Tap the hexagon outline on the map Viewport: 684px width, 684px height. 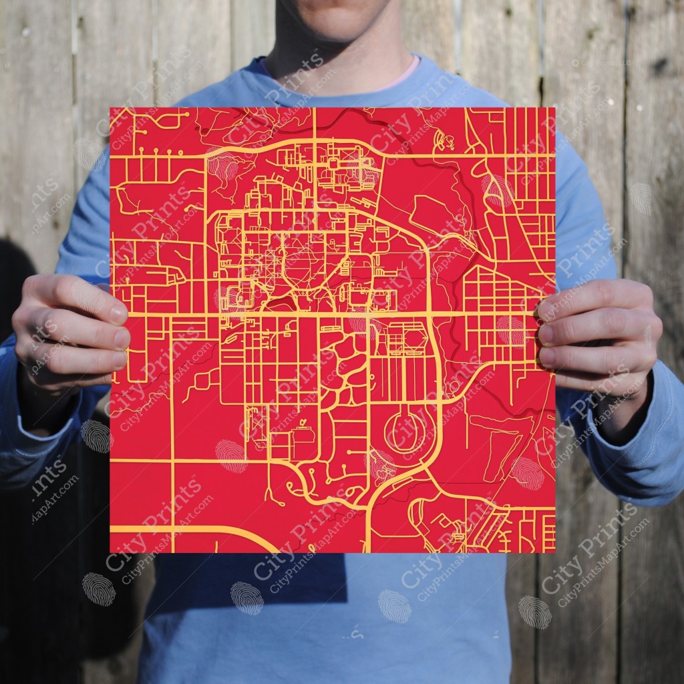[x=414, y=338]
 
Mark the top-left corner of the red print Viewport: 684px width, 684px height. [x=111, y=108]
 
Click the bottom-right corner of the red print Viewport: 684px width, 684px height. [x=554, y=552]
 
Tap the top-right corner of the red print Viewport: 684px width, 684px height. [x=554, y=108]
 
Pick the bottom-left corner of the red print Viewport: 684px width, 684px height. [x=111, y=552]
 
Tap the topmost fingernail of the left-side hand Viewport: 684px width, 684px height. [x=118, y=314]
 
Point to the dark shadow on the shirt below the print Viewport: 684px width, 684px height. [x=281, y=581]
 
